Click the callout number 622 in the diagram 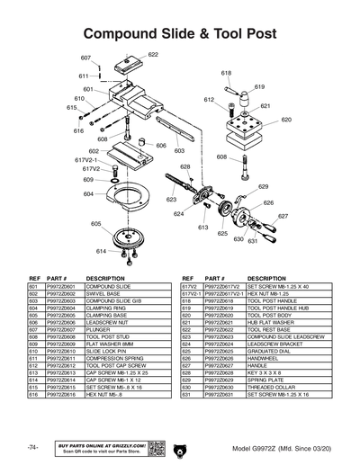[153, 55]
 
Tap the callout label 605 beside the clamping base [96, 224]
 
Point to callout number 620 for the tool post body [286, 120]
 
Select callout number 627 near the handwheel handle [283, 217]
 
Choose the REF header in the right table [187, 279]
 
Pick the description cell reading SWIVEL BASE [103, 293]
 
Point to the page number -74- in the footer [32, 446]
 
